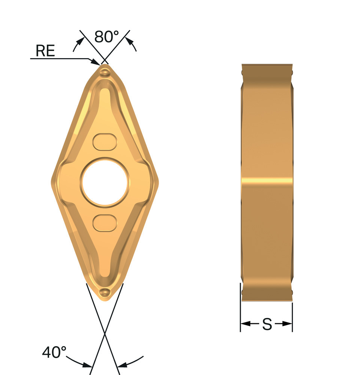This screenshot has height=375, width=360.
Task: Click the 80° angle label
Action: [x=106, y=37]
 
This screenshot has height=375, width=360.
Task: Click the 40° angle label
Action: [x=54, y=352]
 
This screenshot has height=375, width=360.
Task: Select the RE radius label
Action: [x=45, y=51]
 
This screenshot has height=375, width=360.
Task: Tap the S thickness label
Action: [x=267, y=324]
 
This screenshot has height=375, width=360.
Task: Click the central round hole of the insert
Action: [x=105, y=183]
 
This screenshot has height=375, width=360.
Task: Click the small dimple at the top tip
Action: [x=105, y=72]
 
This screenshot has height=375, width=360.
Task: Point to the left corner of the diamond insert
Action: [x=52, y=179]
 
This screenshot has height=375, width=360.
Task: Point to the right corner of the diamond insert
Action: [x=158, y=179]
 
